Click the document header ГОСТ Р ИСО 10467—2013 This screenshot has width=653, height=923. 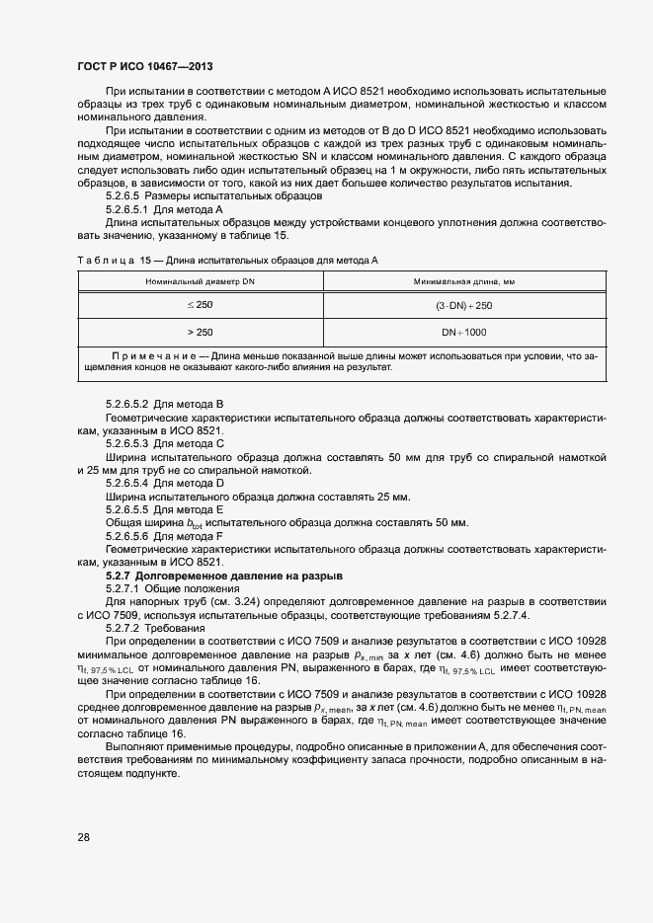click(144, 65)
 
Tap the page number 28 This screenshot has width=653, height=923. click(83, 837)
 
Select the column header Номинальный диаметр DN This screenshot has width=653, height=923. click(199, 281)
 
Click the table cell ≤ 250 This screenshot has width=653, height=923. click(199, 305)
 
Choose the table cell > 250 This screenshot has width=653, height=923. click(199, 332)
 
